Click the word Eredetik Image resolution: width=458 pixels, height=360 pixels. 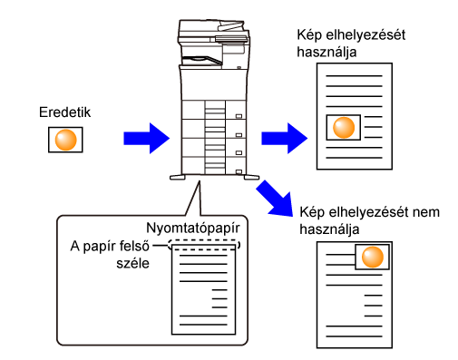click(x=64, y=112)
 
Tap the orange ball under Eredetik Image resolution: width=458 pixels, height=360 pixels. click(x=65, y=140)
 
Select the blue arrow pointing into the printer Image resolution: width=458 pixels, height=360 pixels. click(x=146, y=139)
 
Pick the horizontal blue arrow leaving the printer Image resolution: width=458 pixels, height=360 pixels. click(x=285, y=139)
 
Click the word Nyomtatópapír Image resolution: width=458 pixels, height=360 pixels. click(x=193, y=229)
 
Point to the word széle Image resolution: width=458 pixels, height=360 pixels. click(x=133, y=263)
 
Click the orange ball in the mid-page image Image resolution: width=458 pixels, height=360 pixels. click(x=344, y=128)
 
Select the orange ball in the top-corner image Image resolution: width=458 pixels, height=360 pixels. click(x=373, y=257)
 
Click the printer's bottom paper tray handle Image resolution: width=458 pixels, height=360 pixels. click(x=239, y=172)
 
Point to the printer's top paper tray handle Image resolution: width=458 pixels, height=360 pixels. click(x=239, y=116)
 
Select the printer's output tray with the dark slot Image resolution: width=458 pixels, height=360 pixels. click(x=202, y=60)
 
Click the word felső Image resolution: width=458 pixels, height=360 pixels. click(x=133, y=247)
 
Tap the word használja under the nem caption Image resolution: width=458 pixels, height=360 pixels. click(x=329, y=229)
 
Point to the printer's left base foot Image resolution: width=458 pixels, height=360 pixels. click(x=178, y=178)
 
